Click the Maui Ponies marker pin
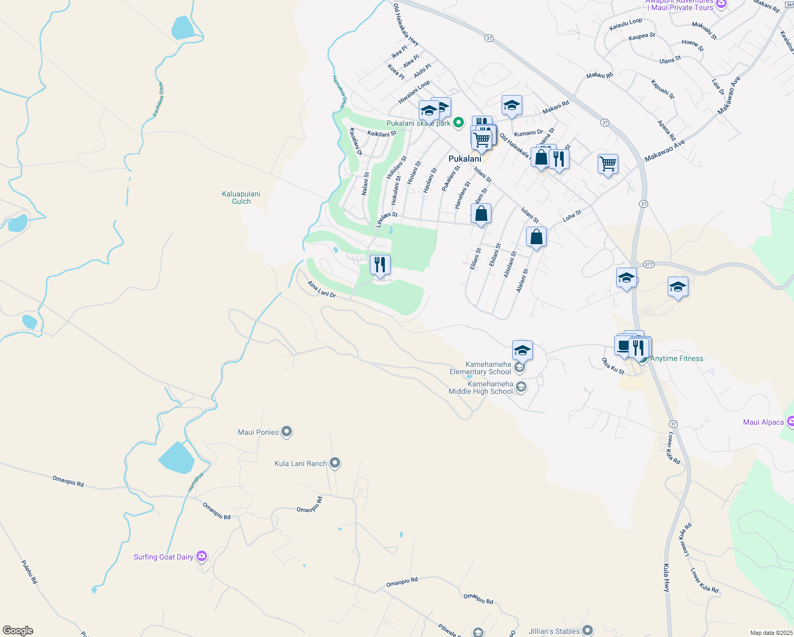287,432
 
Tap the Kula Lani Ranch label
300,463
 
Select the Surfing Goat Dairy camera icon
202,556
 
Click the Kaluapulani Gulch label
241,197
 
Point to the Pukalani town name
465,159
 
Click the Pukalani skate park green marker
459,123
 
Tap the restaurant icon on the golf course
380,264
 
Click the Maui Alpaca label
763,422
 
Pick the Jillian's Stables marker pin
587,631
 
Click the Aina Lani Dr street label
322,289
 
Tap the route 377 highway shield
649,264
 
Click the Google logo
18,631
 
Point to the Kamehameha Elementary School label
480,368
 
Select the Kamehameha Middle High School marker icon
521,387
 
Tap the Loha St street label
572,216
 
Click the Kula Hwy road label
667,578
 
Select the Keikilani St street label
382,134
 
